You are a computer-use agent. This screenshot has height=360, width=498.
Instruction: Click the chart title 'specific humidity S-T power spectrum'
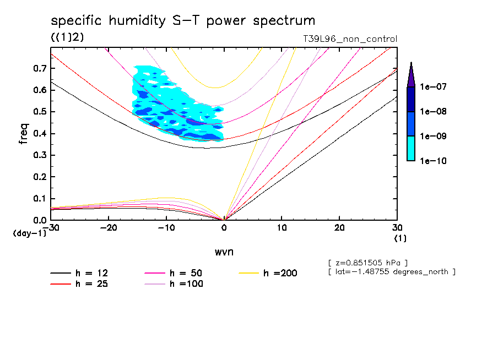[183, 21]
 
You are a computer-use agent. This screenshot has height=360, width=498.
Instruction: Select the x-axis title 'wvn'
[224, 252]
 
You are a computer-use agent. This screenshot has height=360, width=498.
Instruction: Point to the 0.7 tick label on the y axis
[40, 68]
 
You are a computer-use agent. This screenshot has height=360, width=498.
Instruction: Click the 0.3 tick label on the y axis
[40, 155]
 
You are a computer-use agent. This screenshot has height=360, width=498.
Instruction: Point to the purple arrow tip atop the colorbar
[411, 74]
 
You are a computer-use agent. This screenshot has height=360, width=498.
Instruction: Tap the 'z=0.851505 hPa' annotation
[367, 262]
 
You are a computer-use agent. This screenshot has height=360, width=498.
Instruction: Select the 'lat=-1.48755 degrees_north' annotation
[391, 271]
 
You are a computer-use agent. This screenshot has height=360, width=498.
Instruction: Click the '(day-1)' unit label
[30, 234]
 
